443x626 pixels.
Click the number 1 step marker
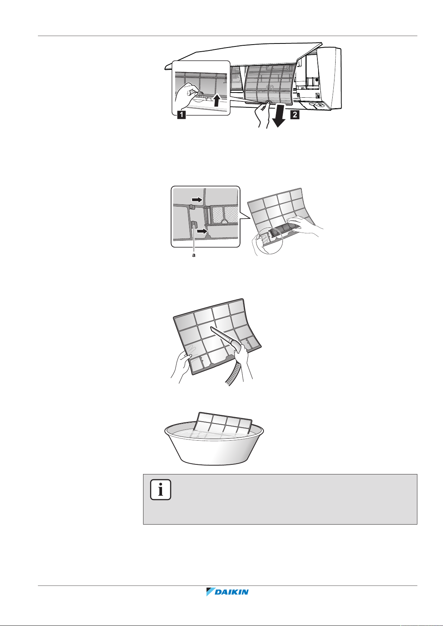[x=181, y=114]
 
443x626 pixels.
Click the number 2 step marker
[x=295, y=114]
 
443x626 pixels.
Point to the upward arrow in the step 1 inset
[x=217, y=100]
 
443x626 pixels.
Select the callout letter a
[x=194, y=255]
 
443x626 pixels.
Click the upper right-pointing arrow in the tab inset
[x=197, y=200]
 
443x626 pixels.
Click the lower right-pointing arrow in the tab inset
[x=202, y=231]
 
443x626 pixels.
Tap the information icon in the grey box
[x=161, y=490]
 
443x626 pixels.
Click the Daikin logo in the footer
[x=227, y=591]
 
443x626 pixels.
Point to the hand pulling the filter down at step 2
[x=262, y=114]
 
